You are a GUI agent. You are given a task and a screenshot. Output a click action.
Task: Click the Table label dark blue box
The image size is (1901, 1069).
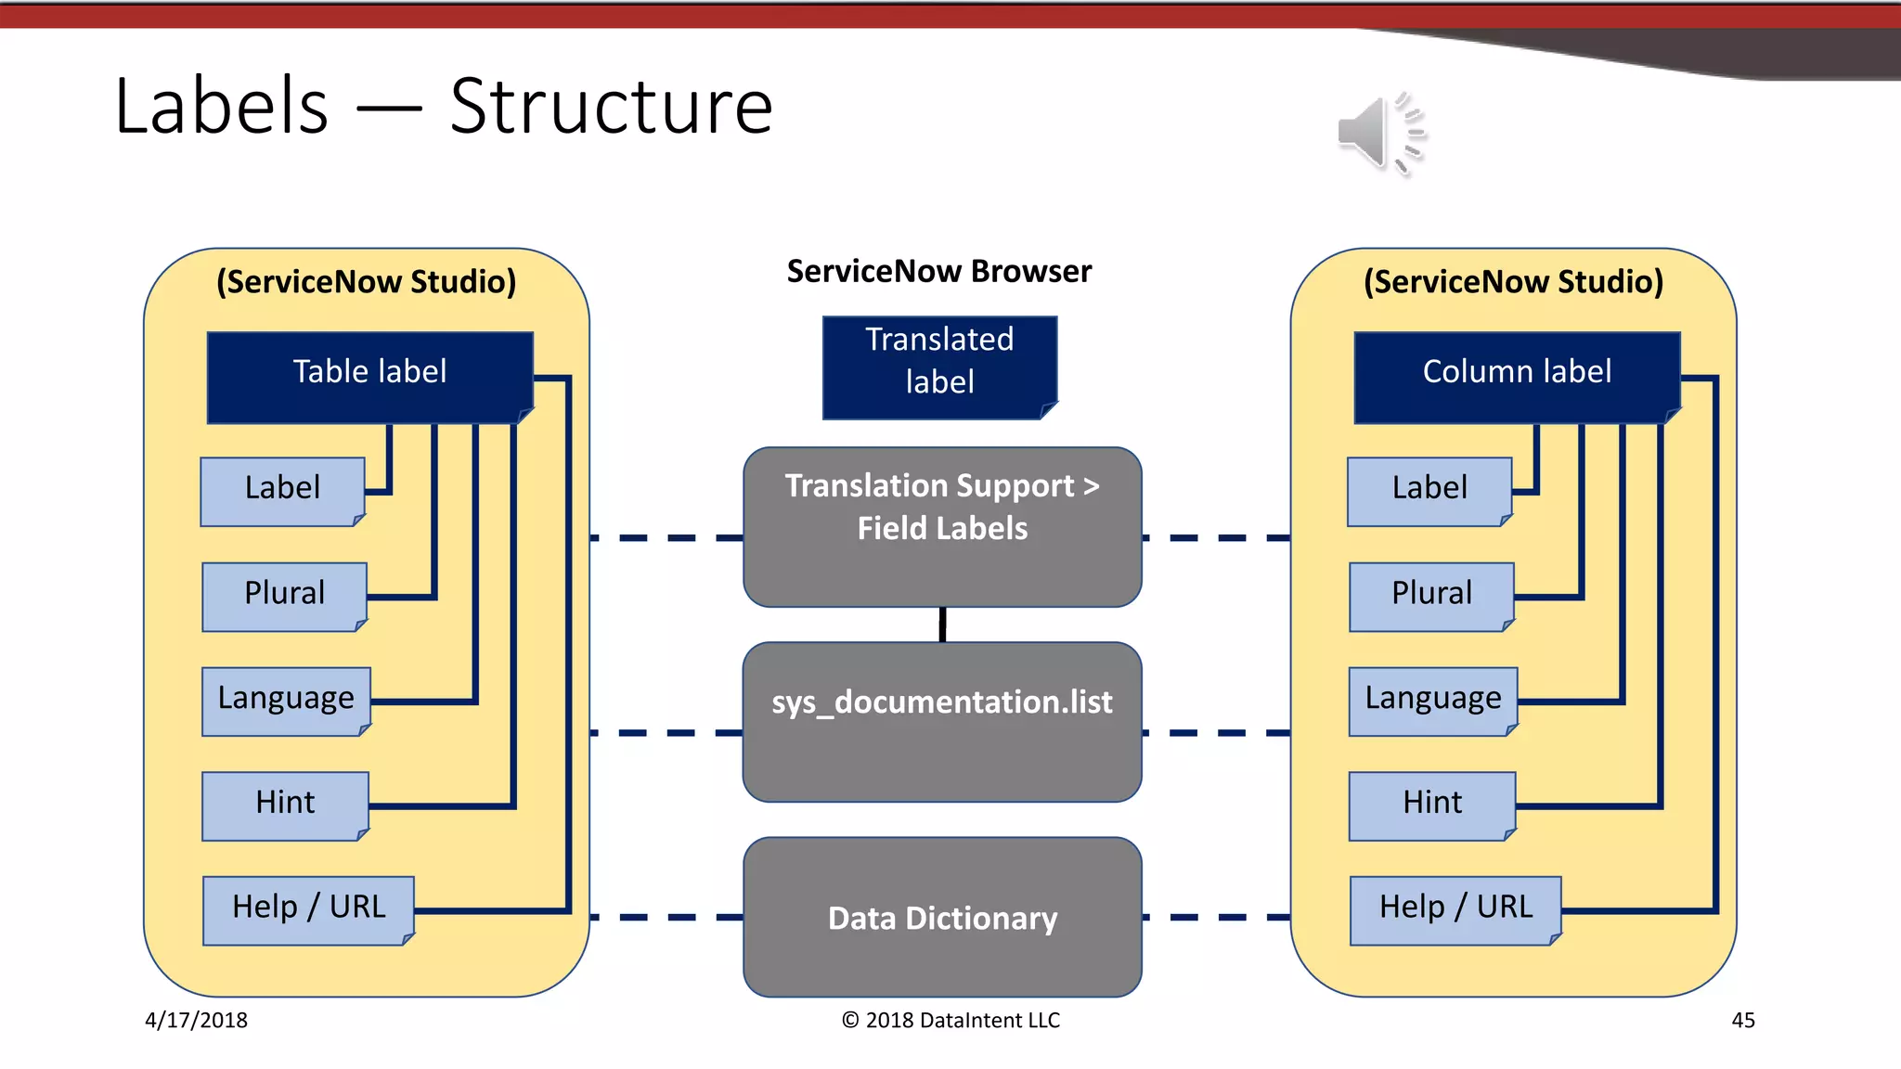coord(369,377)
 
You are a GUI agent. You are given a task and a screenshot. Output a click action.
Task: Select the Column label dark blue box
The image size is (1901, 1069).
coord(1517,377)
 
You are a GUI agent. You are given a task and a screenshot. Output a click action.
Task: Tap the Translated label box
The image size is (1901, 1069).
coord(939,367)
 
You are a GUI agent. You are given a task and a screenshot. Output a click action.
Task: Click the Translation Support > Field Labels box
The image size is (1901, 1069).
coord(942,526)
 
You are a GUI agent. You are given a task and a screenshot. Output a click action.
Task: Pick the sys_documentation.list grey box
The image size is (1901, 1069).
coord(942,721)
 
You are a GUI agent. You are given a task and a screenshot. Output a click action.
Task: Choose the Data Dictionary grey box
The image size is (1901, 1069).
coord(942,917)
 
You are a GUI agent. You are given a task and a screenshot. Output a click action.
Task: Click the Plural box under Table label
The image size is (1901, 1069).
coord(284,596)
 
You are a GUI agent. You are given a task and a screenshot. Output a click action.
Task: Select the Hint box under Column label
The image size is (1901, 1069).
coord(1431,805)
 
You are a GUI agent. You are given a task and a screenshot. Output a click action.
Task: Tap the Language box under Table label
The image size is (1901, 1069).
coord(286,701)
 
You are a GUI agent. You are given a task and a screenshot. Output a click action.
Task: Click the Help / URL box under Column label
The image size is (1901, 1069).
coord(1455,909)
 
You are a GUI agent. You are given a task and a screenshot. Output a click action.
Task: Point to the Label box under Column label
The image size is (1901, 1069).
coord(1429,491)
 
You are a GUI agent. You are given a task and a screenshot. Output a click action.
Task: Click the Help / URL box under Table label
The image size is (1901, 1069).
coord(308,909)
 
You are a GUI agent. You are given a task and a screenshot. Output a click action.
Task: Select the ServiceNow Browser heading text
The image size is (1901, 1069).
coord(938,271)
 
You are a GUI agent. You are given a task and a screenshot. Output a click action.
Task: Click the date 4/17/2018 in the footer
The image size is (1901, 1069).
coord(196,1020)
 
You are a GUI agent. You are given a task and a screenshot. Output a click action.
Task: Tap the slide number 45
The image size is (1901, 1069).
coord(1742,1020)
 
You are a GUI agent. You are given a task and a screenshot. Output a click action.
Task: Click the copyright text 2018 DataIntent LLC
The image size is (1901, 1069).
coord(950,1020)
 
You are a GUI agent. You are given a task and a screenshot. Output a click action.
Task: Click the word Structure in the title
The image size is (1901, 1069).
coord(611,107)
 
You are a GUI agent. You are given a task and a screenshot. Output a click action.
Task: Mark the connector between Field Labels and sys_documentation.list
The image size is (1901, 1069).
coord(942,625)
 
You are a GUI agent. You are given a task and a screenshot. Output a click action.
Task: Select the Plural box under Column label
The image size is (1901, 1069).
coord(1431,596)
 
